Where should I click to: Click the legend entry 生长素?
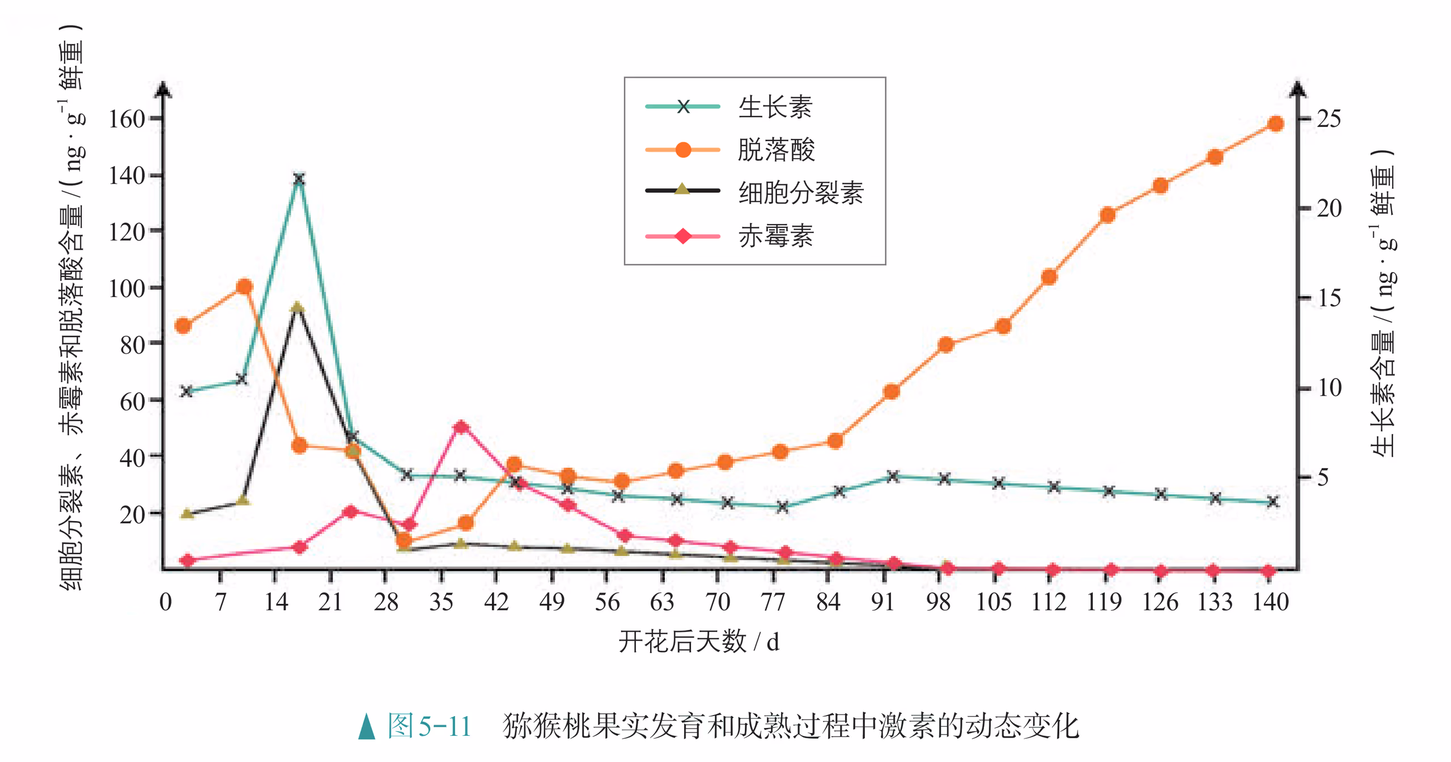click(775, 107)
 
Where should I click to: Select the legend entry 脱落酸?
click(775, 150)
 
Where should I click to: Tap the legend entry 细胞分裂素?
click(800, 193)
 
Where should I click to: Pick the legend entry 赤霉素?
click(775, 236)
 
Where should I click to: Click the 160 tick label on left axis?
click(126, 120)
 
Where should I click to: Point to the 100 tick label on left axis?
click(126, 289)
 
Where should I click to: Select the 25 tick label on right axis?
click(1328, 119)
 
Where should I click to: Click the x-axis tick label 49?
click(551, 602)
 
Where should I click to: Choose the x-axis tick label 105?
click(994, 602)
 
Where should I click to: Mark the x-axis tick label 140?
click(1270, 602)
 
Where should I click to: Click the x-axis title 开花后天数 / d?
click(699, 642)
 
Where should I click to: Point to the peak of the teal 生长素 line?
click(299, 179)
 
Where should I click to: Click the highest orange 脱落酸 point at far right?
click(1275, 124)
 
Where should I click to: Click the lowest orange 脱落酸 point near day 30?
click(404, 540)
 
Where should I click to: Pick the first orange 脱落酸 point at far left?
click(183, 325)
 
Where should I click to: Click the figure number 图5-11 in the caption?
click(429, 726)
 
